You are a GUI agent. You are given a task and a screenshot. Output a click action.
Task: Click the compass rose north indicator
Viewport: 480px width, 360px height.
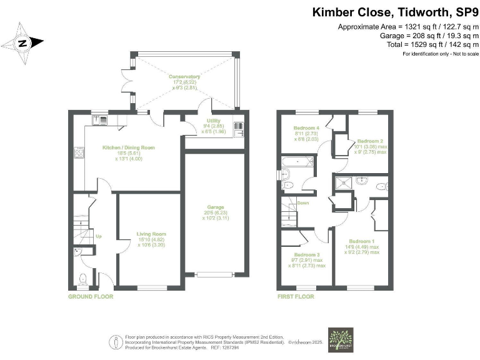coord(22,43)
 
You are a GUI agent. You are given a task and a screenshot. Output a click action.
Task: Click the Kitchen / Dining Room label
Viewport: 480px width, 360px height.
coord(128,151)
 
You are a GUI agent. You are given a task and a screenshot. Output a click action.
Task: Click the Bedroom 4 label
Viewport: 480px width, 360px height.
coord(306,132)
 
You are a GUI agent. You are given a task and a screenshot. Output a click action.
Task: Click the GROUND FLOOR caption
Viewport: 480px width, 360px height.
coord(91,296)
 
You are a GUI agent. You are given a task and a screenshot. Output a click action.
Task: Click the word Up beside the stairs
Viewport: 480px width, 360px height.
coord(99,236)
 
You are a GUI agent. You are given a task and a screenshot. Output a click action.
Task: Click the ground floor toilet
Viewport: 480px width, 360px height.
coord(84,277)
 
